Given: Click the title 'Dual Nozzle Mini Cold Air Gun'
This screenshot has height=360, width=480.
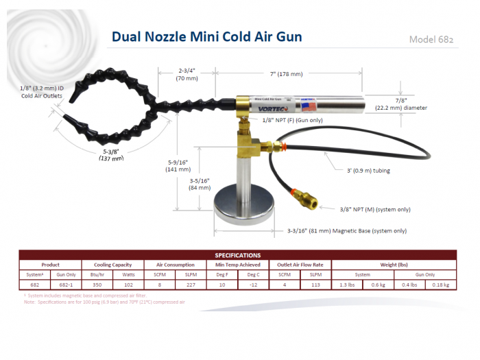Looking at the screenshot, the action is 206,36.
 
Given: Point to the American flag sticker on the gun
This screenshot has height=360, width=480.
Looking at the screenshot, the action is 309,106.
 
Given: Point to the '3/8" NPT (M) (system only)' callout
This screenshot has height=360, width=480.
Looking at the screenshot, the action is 375,209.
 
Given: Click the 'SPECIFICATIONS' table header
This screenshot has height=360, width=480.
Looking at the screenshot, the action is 237,255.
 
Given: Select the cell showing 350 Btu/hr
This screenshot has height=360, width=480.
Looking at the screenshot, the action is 97,285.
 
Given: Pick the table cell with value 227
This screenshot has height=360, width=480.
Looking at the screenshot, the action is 191,285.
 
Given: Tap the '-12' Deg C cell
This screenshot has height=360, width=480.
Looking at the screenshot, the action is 253,285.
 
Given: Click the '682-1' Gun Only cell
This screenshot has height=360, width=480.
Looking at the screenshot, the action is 66,285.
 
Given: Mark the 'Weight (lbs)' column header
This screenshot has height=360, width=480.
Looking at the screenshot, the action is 394,264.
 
